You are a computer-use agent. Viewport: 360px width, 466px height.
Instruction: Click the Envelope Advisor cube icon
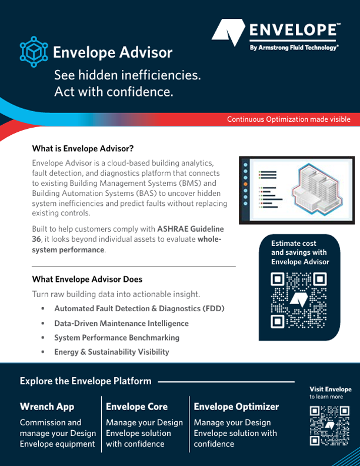coord(32,51)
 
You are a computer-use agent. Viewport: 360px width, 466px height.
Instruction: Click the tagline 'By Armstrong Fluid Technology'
coord(294,46)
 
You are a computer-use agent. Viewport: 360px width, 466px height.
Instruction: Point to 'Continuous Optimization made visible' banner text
coord(289,119)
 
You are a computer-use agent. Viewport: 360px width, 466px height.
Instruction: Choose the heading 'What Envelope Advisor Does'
coord(87,279)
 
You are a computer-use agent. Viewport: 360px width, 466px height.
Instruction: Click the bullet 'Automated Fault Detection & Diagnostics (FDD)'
coord(139,308)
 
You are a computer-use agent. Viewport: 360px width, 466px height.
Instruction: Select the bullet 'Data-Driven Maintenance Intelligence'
coord(121,323)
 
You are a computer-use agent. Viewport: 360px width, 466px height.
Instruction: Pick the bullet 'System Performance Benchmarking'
coord(116,338)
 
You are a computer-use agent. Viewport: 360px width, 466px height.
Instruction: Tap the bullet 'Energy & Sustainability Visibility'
coord(111,352)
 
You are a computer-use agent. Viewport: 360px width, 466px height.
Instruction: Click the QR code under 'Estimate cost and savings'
coord(299,301)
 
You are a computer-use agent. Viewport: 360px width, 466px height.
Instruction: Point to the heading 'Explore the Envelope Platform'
coord(85,381)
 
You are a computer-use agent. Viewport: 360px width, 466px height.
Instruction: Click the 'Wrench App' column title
coord(47,407)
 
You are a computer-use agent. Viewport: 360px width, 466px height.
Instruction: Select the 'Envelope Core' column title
coord(136,407)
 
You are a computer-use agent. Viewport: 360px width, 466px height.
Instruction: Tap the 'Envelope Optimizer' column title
coord(236,407)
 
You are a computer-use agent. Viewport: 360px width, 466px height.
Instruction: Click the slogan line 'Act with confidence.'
coord(114,92)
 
